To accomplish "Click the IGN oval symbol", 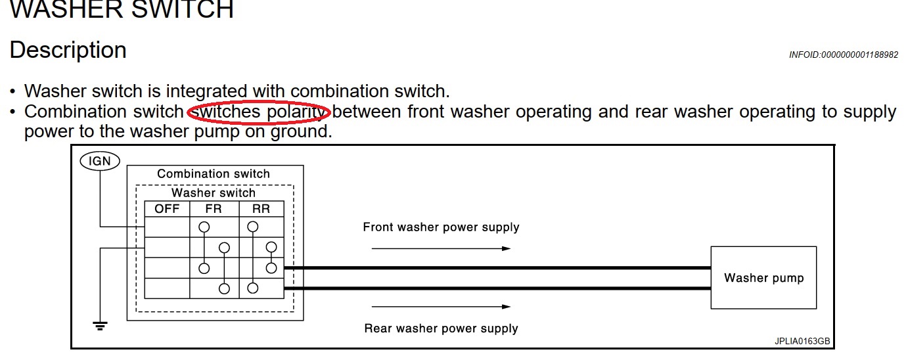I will click(100, 160).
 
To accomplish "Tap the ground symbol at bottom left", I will click(100, 325).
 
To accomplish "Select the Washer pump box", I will click(763, 277).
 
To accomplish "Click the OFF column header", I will click(167, 210).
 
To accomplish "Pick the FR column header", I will click(214, 210).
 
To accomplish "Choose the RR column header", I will click(261, 210).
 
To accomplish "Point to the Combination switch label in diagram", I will click(214, 174).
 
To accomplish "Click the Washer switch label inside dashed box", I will click(214, 193).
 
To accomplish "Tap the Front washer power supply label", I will click(441, 227).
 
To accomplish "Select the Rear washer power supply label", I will click(441, 328).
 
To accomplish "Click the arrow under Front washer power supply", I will click(441, 248).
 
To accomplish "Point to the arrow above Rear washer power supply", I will click(441, 307).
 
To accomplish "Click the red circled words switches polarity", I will click(259, 112).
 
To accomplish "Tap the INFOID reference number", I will click(844, 55).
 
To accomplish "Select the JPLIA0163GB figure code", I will click(802, 342).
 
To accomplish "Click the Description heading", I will click(68, 51).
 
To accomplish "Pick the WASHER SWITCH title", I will click(122, 10).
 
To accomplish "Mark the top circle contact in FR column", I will click(204, 227).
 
